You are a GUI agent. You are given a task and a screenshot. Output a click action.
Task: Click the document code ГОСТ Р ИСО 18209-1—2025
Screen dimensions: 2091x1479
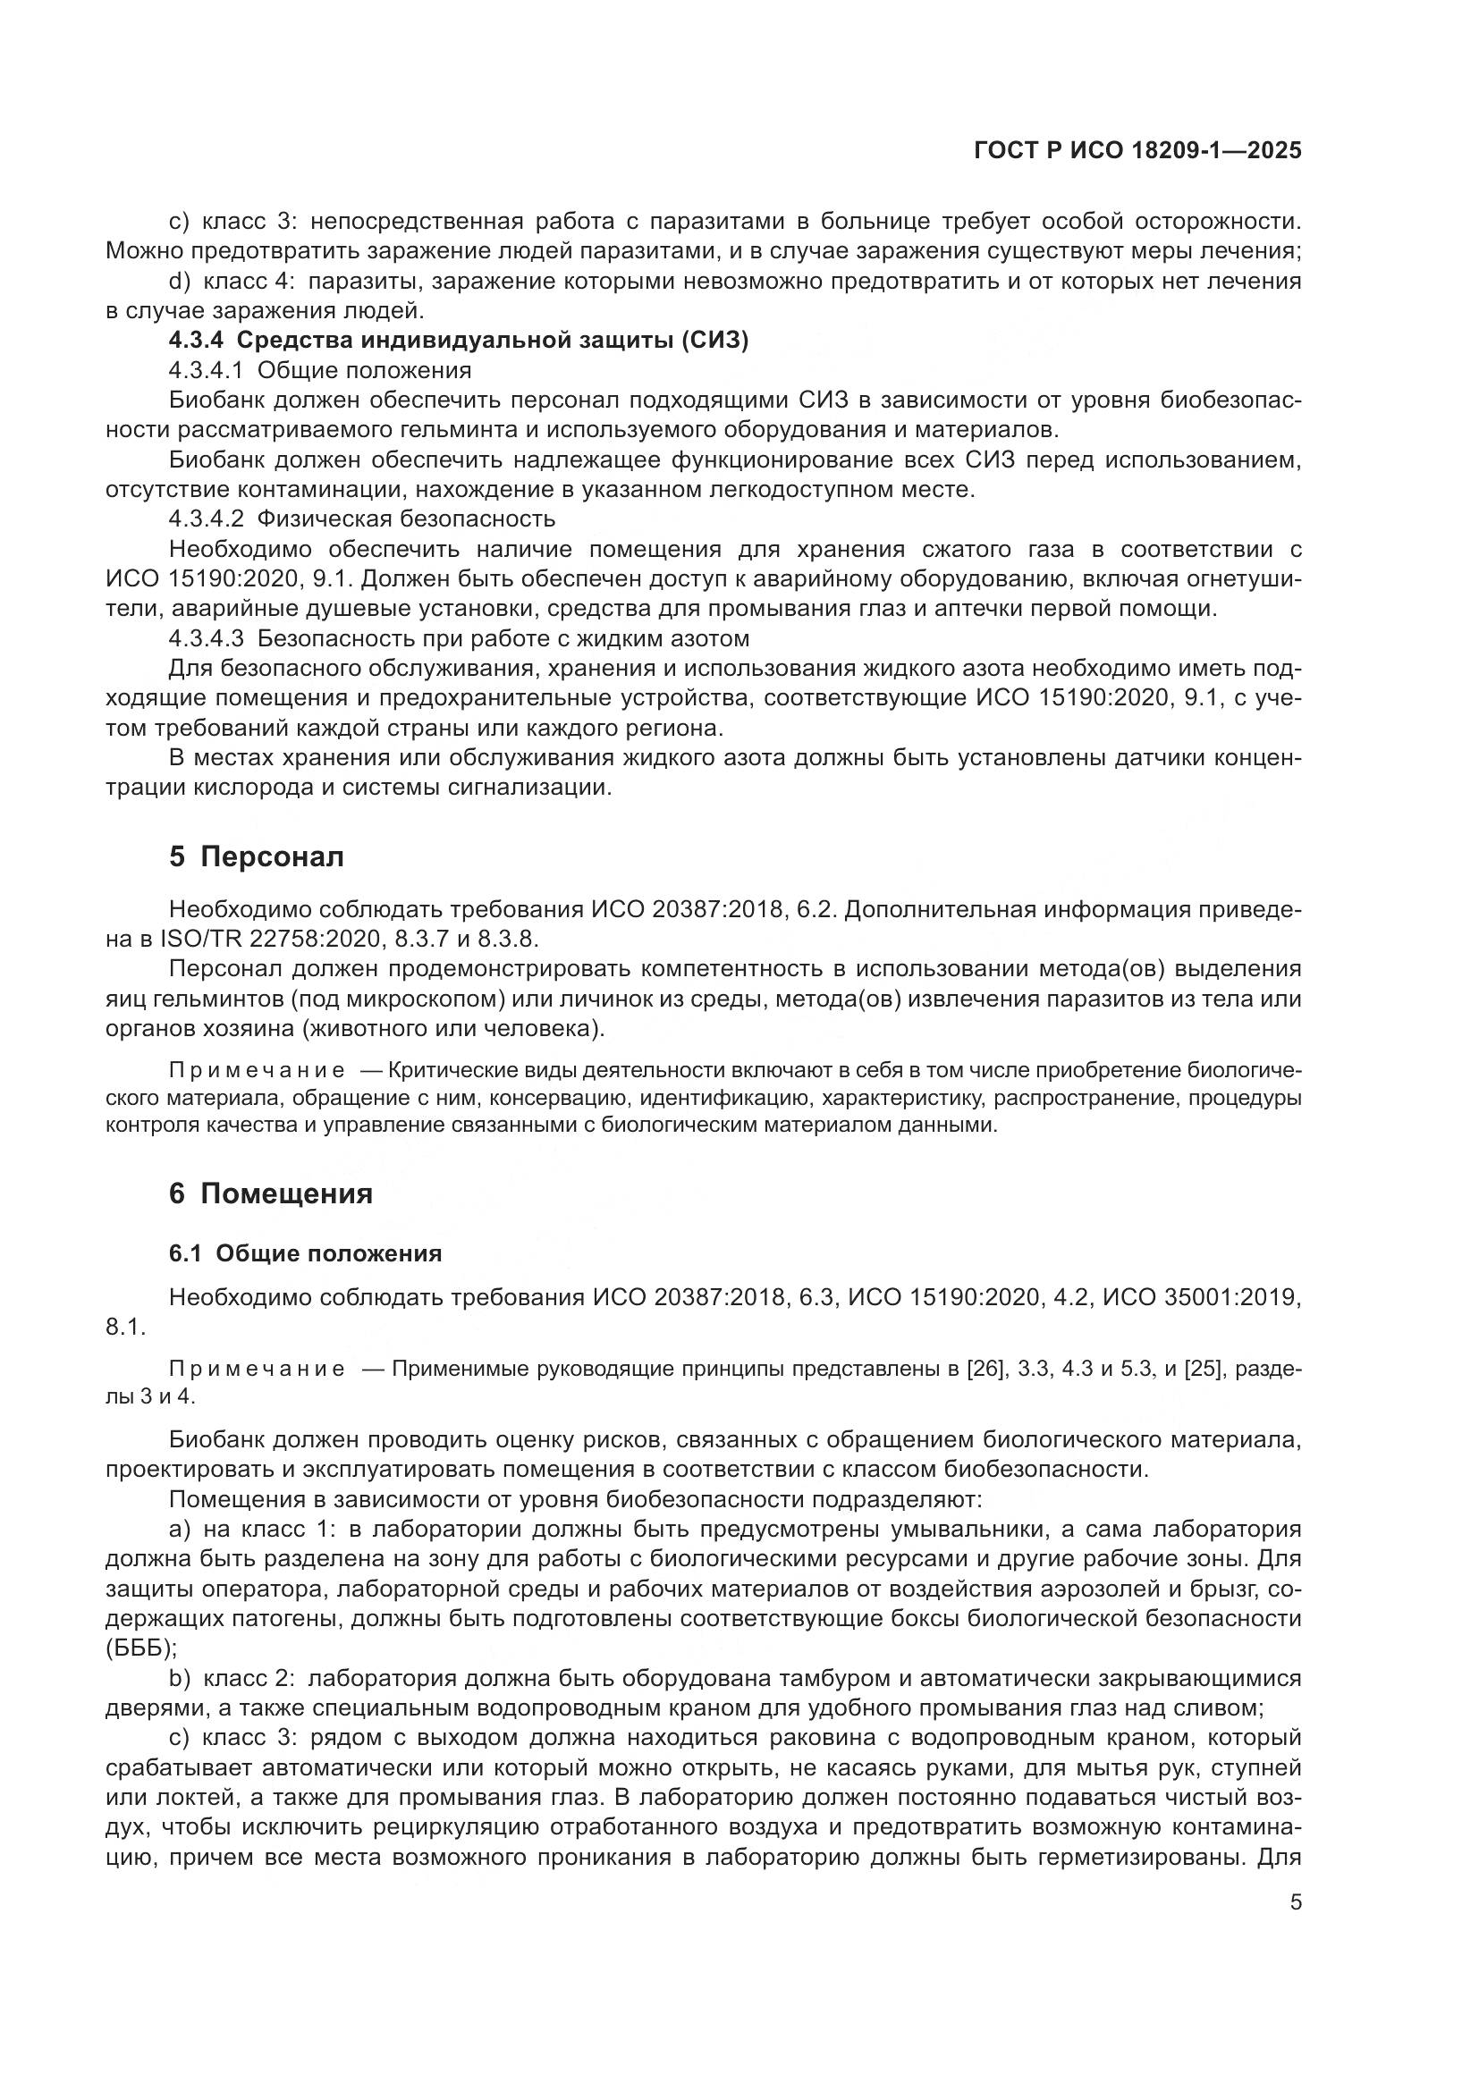[x=1137, y=151]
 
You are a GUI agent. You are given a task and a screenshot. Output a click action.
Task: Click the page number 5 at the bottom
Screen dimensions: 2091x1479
[x=1295, y=1902]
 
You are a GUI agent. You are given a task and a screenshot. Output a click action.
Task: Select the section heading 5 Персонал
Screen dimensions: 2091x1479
[x=256, y=857]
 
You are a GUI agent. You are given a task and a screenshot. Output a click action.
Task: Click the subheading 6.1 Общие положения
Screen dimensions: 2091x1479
[x=305, y=1253]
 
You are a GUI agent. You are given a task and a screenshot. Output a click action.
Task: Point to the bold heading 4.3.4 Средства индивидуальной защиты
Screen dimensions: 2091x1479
[x=458, y=341]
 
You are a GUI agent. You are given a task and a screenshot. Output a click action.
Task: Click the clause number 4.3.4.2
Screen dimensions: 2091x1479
[x=206, y=519]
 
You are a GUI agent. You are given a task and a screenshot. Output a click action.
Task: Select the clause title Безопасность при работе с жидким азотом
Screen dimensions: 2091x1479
[x=503, y=638]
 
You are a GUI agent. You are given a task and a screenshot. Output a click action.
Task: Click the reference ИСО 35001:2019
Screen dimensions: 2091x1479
[x=1200, y=1297]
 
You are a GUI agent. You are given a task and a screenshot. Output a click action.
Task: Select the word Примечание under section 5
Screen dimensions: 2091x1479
[x=257, y=1069]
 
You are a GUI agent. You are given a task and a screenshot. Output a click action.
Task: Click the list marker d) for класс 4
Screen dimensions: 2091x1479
[x=180, y=282]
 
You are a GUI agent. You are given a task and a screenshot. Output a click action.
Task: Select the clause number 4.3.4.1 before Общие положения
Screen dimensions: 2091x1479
[x=206, y=370]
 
